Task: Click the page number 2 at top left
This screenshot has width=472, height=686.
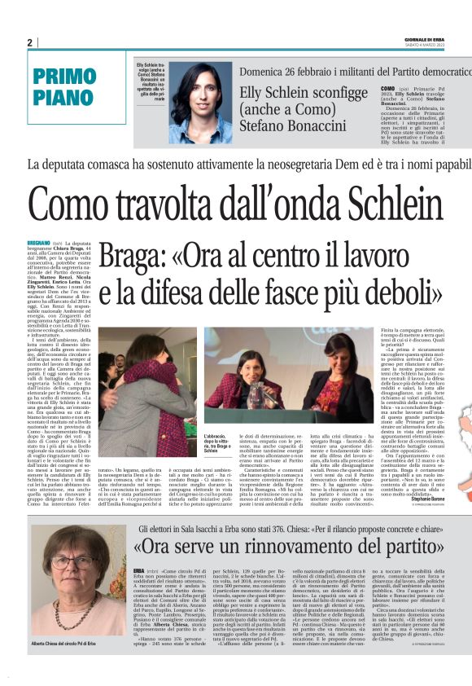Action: tap(29, 42)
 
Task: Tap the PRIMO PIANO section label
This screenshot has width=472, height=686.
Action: tap(64, 86)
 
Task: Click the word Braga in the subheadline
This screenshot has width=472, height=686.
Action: tap(133, 257)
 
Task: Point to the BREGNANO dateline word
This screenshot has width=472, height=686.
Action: tap(38, 244)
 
